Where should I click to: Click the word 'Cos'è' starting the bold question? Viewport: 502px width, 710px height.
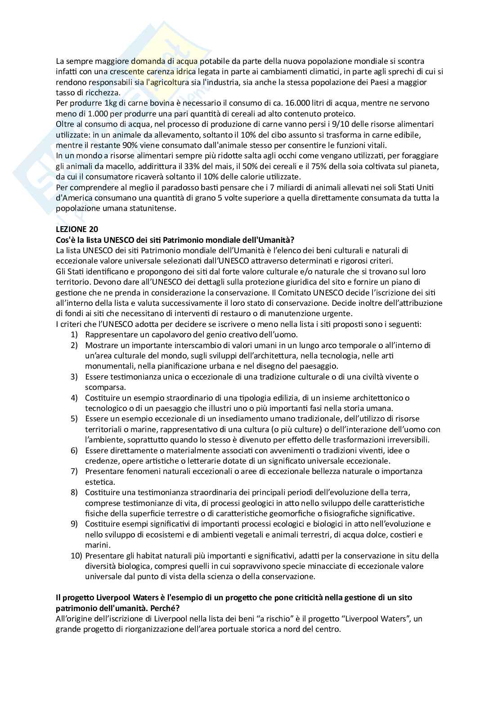(x=66, y=240)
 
